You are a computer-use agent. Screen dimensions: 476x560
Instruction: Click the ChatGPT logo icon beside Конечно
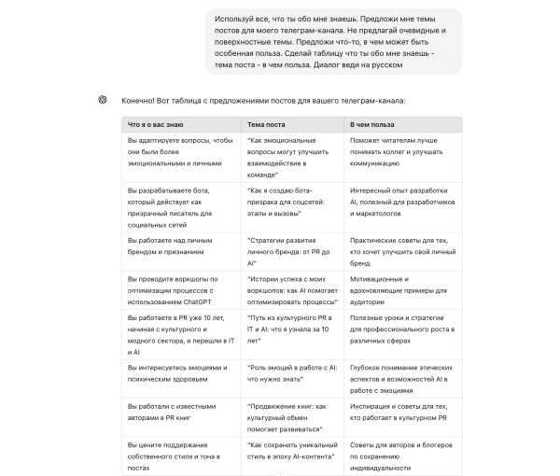point(102,100)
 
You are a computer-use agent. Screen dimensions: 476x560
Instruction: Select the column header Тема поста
point(267,124)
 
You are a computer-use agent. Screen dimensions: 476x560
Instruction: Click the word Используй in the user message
point(231,19)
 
